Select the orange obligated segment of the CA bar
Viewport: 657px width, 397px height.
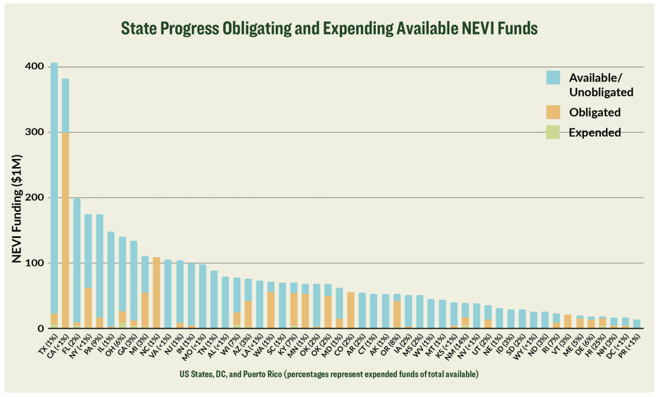[x=65, y=231]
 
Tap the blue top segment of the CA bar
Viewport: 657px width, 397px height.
[x=65, y=105]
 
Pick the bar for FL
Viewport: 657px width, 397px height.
[x=77, y=263]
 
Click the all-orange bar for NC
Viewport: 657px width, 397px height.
[x=156, y=293]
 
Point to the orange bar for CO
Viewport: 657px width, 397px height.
[x=351, y=310]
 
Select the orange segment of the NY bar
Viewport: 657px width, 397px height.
[x=88, y=308]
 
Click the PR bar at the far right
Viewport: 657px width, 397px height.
[x=637, y=324]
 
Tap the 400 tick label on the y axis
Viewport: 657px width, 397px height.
[x=34, y=67]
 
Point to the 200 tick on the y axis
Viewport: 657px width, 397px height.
[x=34, y=197]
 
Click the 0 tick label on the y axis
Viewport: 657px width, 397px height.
[x=40, y=328]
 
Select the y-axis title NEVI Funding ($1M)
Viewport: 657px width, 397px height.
[x=17, y=208]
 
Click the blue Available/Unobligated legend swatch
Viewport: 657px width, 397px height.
[x=553, y=77]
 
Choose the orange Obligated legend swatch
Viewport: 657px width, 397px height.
[x=553, y=112]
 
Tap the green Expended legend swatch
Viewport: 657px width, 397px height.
[x=553, y=132]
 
